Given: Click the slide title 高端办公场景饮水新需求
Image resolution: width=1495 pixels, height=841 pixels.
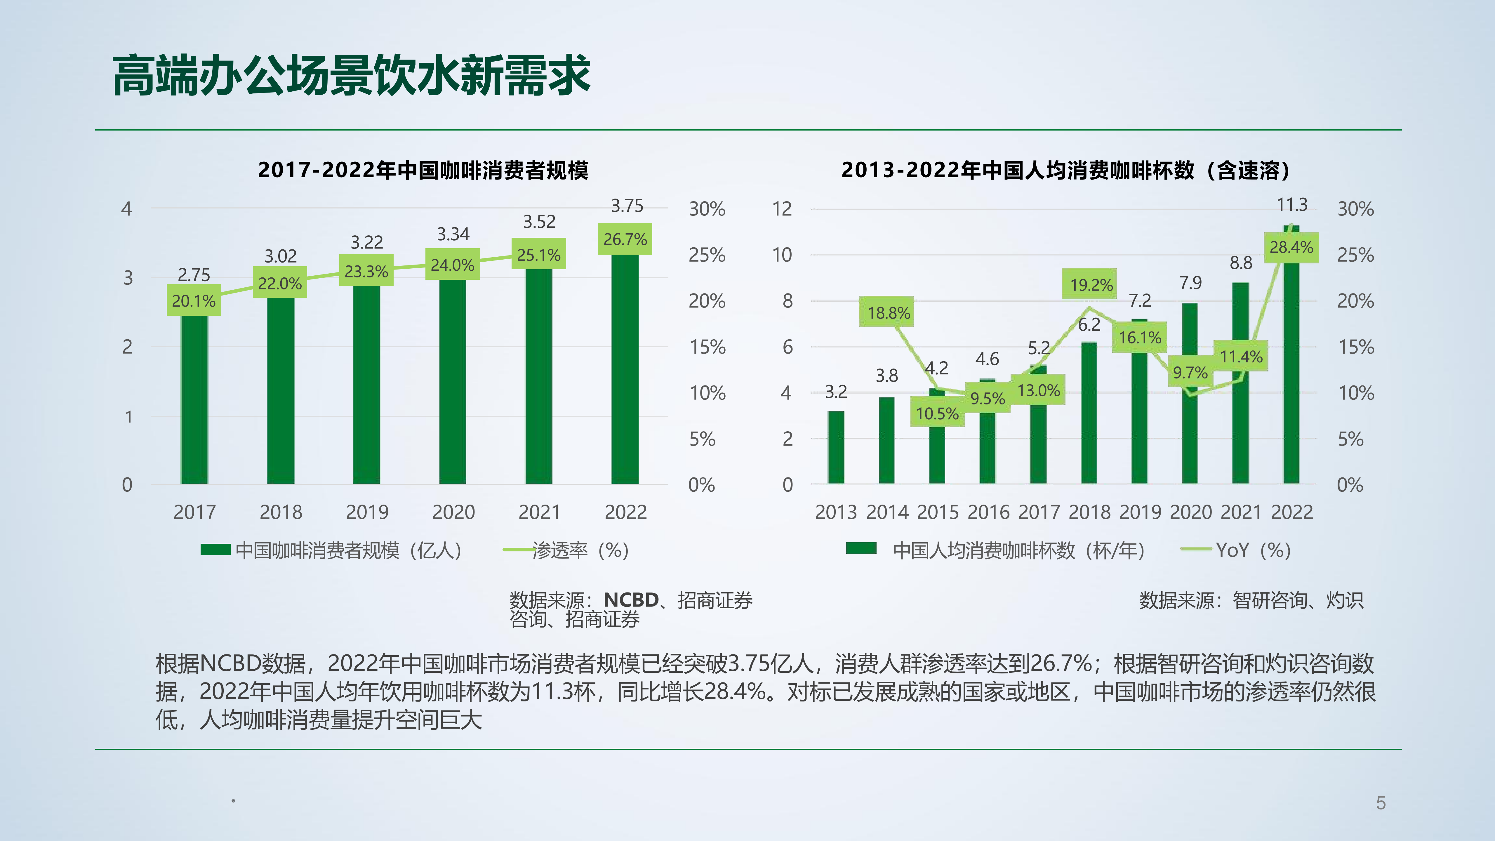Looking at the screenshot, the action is [x=351, y=75].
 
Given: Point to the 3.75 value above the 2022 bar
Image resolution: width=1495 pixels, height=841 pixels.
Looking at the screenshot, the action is [x=627, y=206].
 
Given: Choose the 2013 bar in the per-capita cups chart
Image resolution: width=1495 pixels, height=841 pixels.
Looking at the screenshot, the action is [x=836, y=447].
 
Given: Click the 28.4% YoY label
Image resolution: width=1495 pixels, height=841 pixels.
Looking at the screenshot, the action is [x=1291, y=247].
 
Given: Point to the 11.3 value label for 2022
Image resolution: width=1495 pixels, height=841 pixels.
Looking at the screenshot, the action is [x=1292, y=205].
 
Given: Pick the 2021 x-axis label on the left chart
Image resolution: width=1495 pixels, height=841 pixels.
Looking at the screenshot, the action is [x=539, y=512].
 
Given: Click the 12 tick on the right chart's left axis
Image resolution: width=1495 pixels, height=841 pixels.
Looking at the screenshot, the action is [x=782, y=208].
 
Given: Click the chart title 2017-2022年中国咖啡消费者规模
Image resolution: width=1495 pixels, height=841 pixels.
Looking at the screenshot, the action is [x=423, y=170].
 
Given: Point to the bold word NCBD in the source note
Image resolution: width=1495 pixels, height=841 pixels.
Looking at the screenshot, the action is [x=631, y=600].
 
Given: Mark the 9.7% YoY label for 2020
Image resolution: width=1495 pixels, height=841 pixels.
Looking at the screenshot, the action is [x=1190, y=372].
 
